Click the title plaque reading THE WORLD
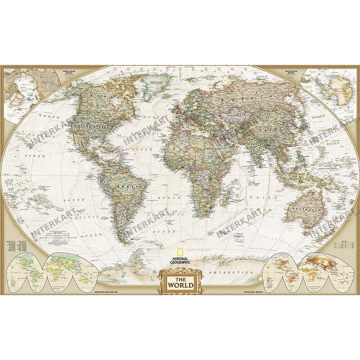tap(180, 285)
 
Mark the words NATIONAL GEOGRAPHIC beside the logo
tap(180, 261)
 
